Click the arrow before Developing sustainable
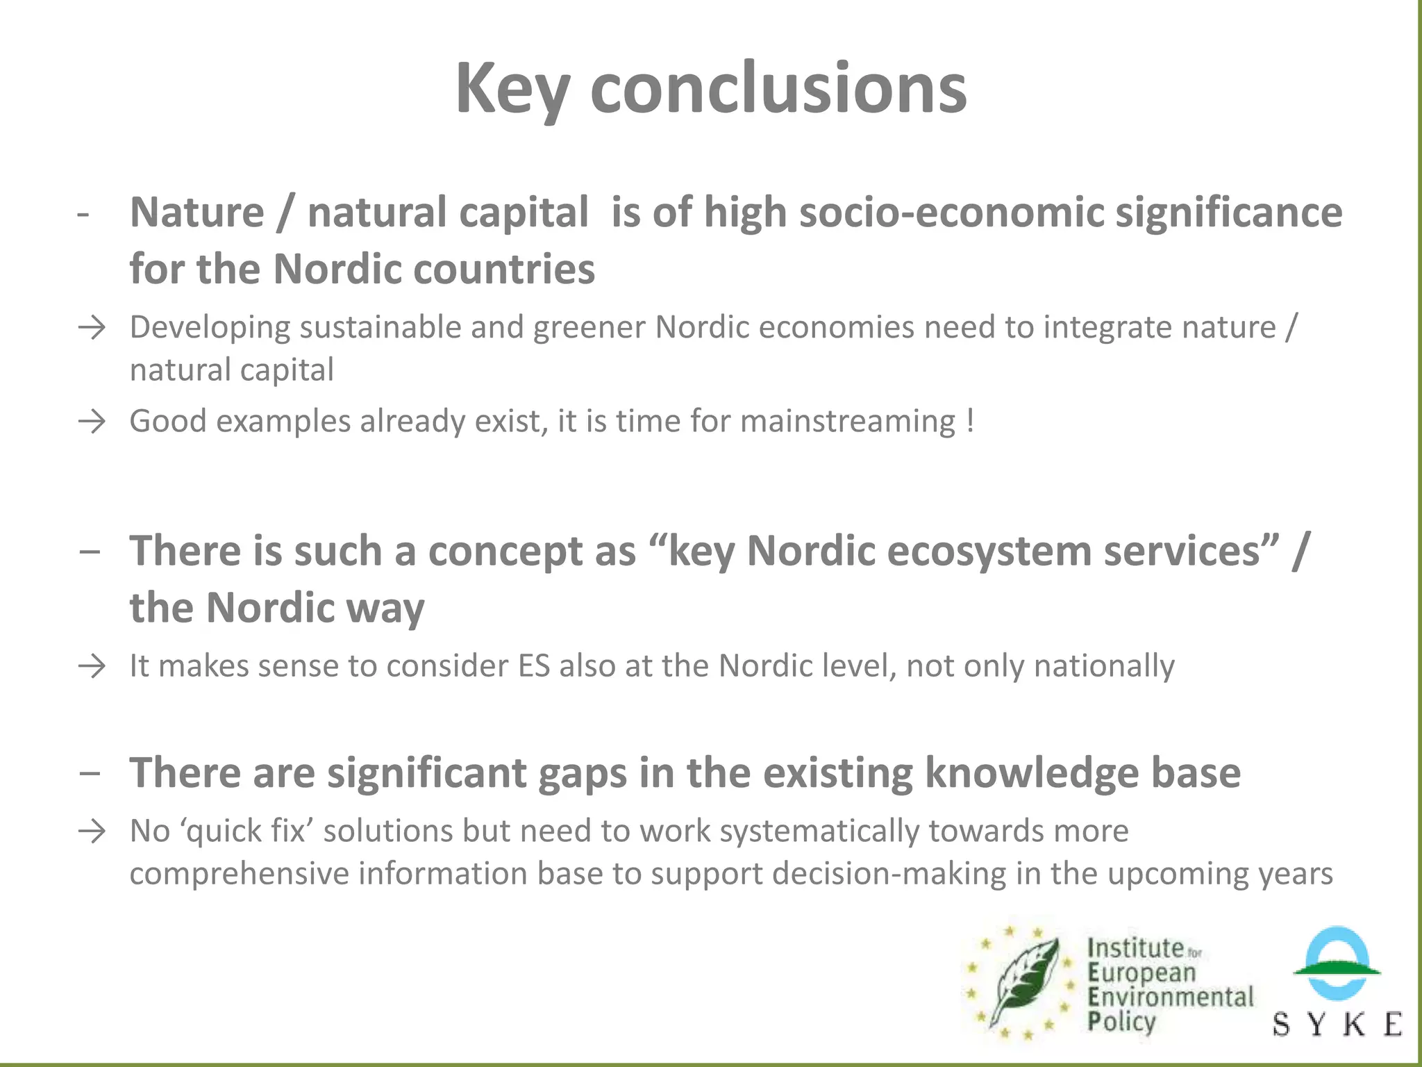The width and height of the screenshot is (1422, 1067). (x=92, y=327)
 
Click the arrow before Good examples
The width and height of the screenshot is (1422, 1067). (x=92, y=422)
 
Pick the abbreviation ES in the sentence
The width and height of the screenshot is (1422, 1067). (x=534, y=666)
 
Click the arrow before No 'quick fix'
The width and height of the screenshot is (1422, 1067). (x=92, y=831)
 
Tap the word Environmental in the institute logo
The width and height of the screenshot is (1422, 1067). (x=1171, y=997)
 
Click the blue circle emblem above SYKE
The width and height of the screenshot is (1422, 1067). (x=1337, y=962)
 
